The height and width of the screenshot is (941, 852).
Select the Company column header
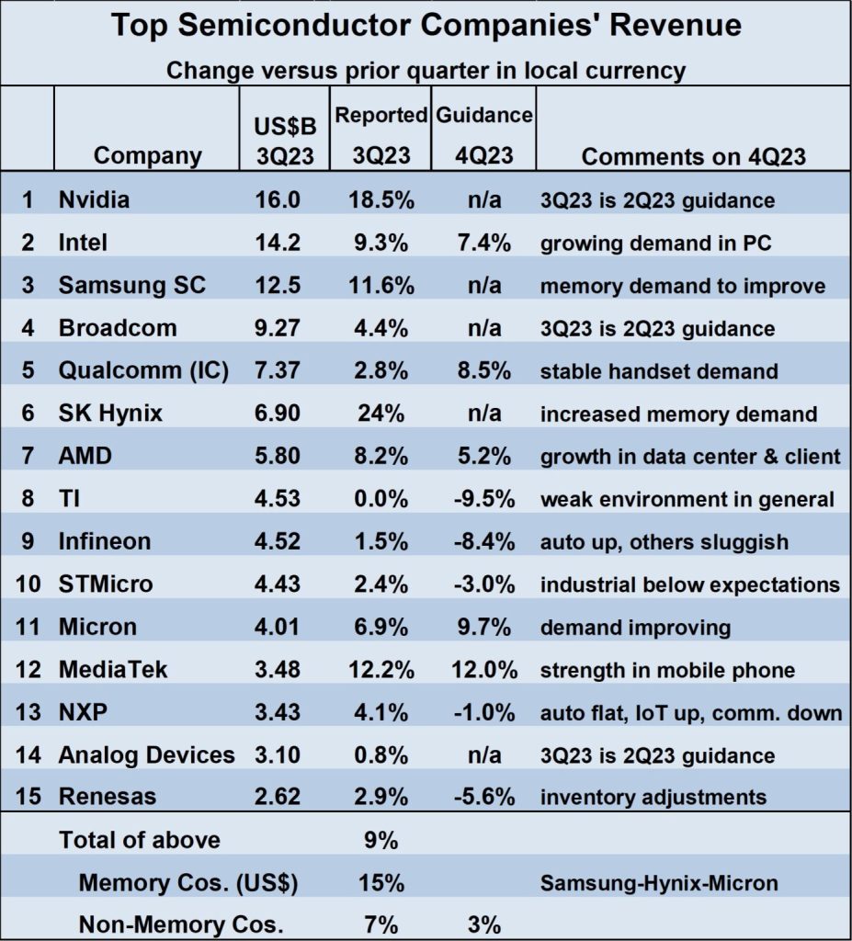click(147, 155)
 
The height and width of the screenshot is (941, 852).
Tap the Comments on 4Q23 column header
click(693, 155)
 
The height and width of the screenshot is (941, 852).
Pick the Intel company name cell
click(83, 243)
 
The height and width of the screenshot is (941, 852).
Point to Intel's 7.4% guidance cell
click(483, 243)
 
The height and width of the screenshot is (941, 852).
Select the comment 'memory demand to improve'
click(682, 286)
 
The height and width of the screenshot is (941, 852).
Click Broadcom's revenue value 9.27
click(278, 328)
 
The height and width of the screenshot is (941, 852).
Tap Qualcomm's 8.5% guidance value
click(483, 370)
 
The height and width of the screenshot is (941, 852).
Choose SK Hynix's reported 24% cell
click(381, 414)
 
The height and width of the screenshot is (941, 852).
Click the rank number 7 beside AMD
click(28, 456)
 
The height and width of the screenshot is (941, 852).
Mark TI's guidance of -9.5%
click(483, 499)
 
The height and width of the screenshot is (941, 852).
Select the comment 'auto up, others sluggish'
click(664, 541)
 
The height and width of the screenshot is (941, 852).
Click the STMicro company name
click(106, 584)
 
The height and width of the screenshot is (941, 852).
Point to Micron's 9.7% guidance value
click(483, 627)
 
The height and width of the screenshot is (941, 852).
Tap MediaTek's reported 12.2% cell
click(381, 669)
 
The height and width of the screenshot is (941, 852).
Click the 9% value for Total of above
click(381, 839)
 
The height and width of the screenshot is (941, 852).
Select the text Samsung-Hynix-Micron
click(658, 883)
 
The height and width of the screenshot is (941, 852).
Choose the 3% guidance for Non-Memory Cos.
click(483, 924)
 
